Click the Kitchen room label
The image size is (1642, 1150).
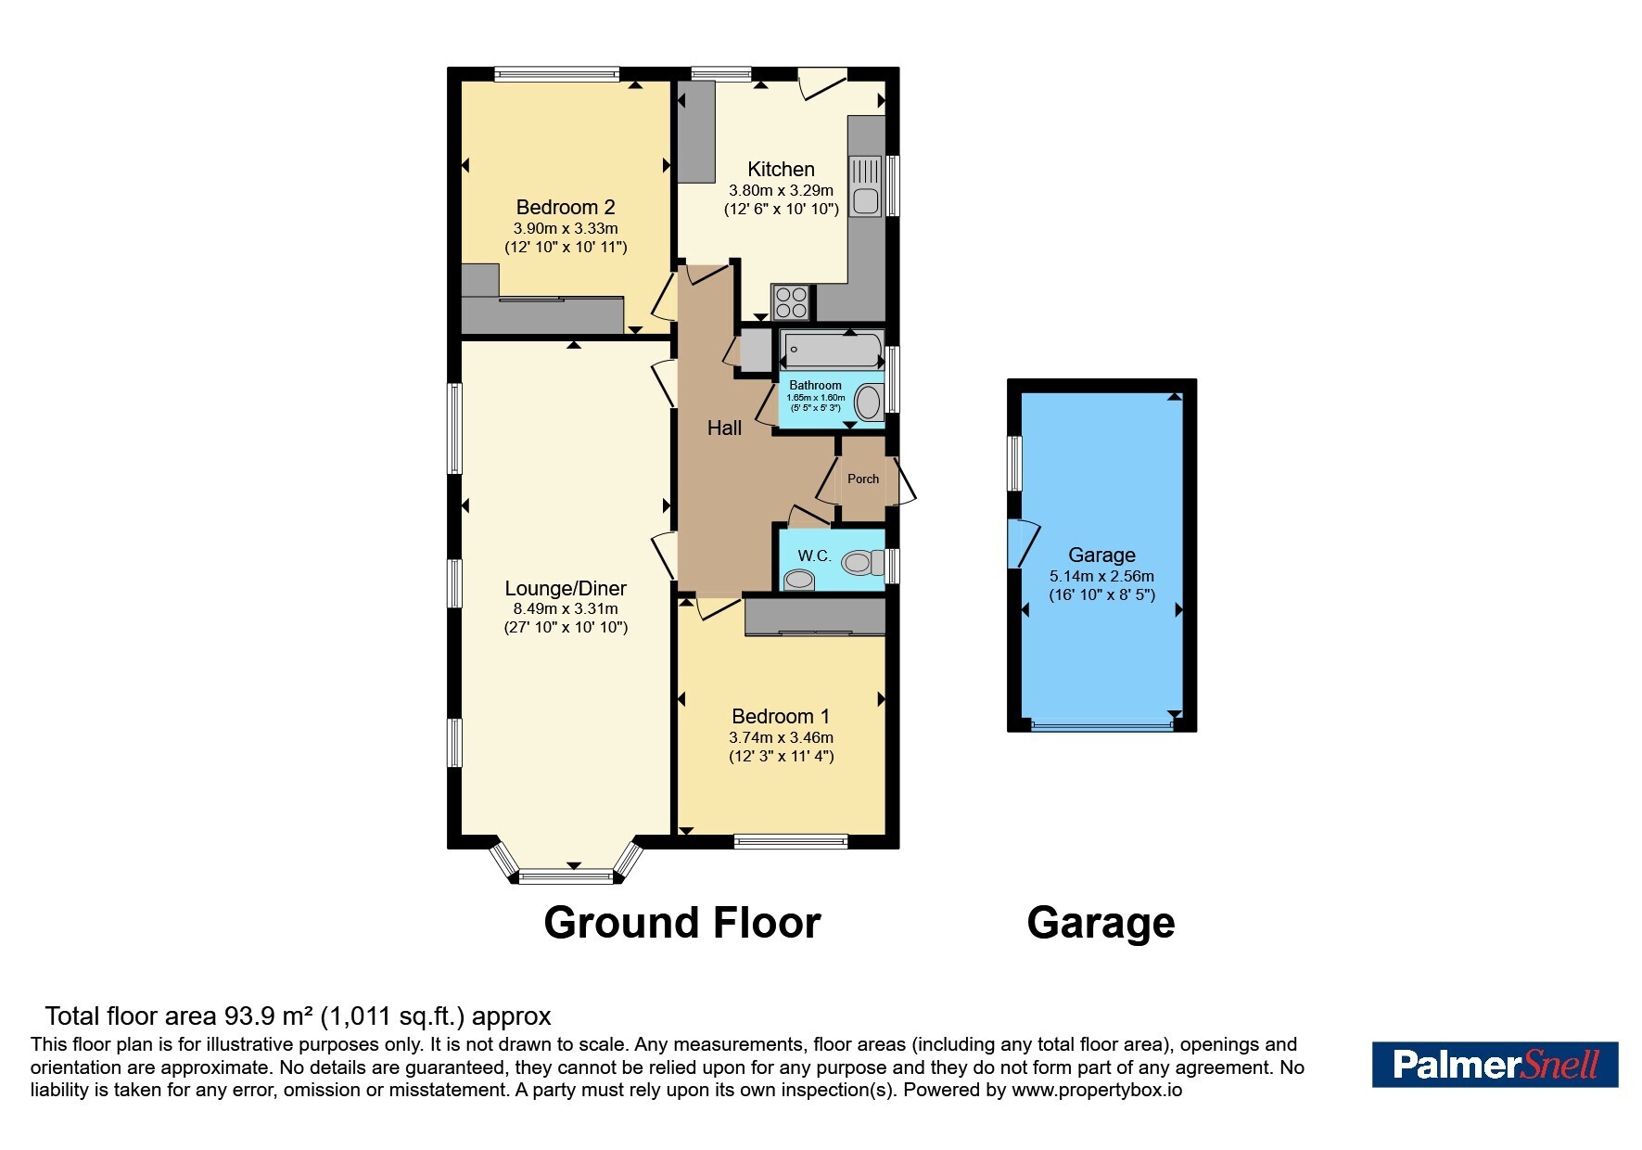coord(781,169)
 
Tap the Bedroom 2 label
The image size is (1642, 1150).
coord(566,207)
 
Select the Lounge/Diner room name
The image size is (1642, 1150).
coord(566,588)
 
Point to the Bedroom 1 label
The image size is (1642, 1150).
coord(781,716)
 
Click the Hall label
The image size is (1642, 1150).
coord(724,428)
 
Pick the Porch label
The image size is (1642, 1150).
coord(863,479)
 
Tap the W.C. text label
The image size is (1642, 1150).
coord(814,556)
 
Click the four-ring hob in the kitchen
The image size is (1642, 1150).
coord(791,301)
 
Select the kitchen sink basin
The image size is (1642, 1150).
coord(866,200)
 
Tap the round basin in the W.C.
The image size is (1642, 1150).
coord(798,581)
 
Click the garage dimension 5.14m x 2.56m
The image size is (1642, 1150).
coord(1101,576)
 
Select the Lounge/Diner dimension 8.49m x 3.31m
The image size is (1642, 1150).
coord(566,609)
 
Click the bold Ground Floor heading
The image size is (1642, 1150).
coord(682,923)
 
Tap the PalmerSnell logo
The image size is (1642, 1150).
coord(1495,1065)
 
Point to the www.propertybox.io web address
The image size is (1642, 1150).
coord(1097,1090)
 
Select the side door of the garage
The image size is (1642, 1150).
coord(1024,543)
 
